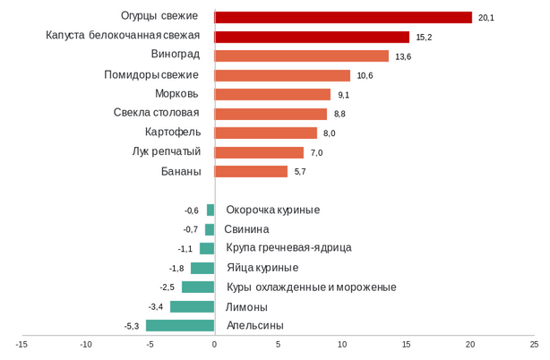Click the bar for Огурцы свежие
343,17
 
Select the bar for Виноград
302,56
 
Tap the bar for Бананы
252,171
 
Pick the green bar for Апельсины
181,326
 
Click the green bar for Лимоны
193,306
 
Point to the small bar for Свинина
210,229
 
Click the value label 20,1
486,18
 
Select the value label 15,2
424,38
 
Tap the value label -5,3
132,326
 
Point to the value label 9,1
344,95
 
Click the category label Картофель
173,133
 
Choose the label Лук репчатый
166,151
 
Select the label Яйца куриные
262,268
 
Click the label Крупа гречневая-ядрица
288,248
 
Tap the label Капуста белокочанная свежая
123,36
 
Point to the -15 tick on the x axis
21,344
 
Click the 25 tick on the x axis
534,344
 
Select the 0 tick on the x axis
214,344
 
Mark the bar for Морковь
273,94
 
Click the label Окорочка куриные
272,210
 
